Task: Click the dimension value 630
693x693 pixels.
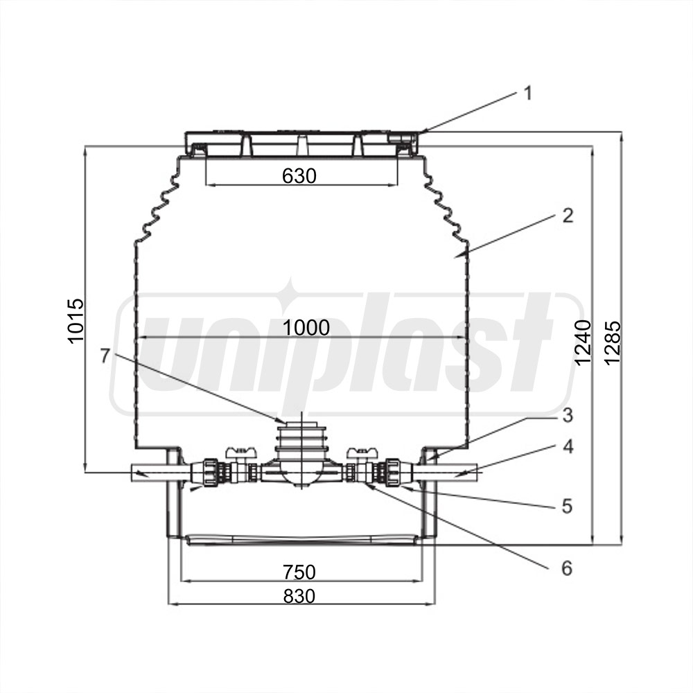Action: click(x=299, y=176)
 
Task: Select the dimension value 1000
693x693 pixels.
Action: click(x=306, y=328)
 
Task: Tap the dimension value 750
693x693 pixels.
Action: click(x=299, y=572)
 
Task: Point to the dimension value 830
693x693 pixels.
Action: click(x=299, y=596)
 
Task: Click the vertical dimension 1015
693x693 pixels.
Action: click(x=76, y=321)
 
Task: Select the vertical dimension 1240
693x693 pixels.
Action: click(x=583, y=342)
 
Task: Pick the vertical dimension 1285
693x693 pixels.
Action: click(x=613, y=342)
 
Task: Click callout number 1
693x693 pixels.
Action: click(x=527, y=94)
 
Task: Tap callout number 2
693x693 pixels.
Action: click(x=568, y=216)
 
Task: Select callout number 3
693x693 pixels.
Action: click(x=568, y=415)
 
